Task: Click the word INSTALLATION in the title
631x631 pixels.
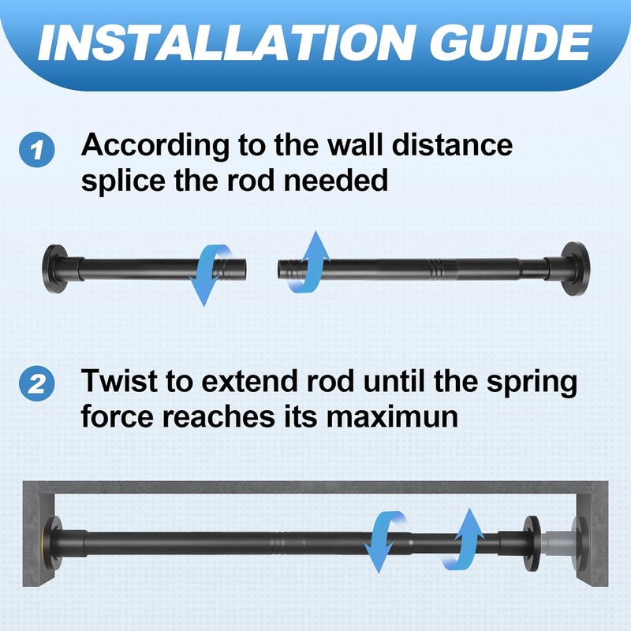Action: [x=226, y=43]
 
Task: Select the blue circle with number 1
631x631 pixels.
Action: [x=37, y=150]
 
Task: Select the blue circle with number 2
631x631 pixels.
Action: [x=37, y=383]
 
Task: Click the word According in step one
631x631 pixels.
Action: [x=155, y=146]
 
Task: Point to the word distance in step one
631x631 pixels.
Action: [x=452, y=144]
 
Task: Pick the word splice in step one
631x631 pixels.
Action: [x=123, y=181]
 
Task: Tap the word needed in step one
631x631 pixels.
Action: [x=336, y=181]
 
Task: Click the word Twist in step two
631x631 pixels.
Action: [x=118, y=380]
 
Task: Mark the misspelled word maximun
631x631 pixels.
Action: [x=392, y=417]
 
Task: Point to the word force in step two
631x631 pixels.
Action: [x=117, y=417]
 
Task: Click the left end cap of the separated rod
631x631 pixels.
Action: [x=55, y=268]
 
